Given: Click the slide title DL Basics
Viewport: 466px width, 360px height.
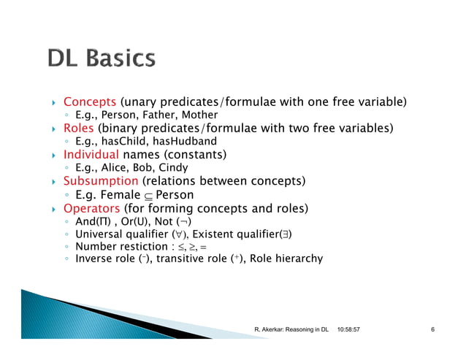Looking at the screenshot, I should (x=102, y=59).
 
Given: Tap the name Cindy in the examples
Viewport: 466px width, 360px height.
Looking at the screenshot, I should (x=173, y=168).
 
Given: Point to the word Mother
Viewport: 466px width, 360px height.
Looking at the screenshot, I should (x=200, y=115).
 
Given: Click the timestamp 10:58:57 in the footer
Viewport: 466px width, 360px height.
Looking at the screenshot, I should (x=354, y=331).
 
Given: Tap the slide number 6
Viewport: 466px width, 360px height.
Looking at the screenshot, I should (x=432, y=331).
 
